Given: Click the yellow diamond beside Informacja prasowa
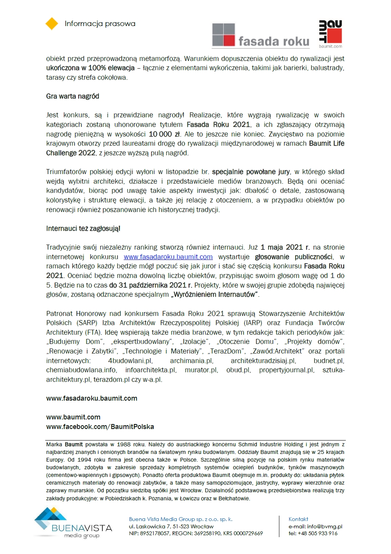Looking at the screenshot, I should pos(52,23).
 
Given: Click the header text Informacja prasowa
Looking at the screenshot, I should pos(100,24).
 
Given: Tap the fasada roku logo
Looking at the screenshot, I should pos(261,36).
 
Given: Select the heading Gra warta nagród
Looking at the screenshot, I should pos(72,96).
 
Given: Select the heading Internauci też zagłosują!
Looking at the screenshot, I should pos(83,229).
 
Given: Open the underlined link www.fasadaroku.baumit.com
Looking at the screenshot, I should pos(168,257).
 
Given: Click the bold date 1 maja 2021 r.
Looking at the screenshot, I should pos(285,247).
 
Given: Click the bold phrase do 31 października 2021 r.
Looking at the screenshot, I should pos(151,285).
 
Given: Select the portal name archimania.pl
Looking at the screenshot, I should pos(191,361).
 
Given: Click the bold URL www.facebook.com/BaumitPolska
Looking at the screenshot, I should pos(100,427).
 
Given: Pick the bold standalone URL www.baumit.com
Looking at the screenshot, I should pos(73,417).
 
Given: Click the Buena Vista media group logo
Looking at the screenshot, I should pos(73,523).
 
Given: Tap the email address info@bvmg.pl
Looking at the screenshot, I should pos(324,526).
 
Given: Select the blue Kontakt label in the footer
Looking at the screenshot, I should pos(298,519).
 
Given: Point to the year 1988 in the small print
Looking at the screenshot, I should pos(124,444).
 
